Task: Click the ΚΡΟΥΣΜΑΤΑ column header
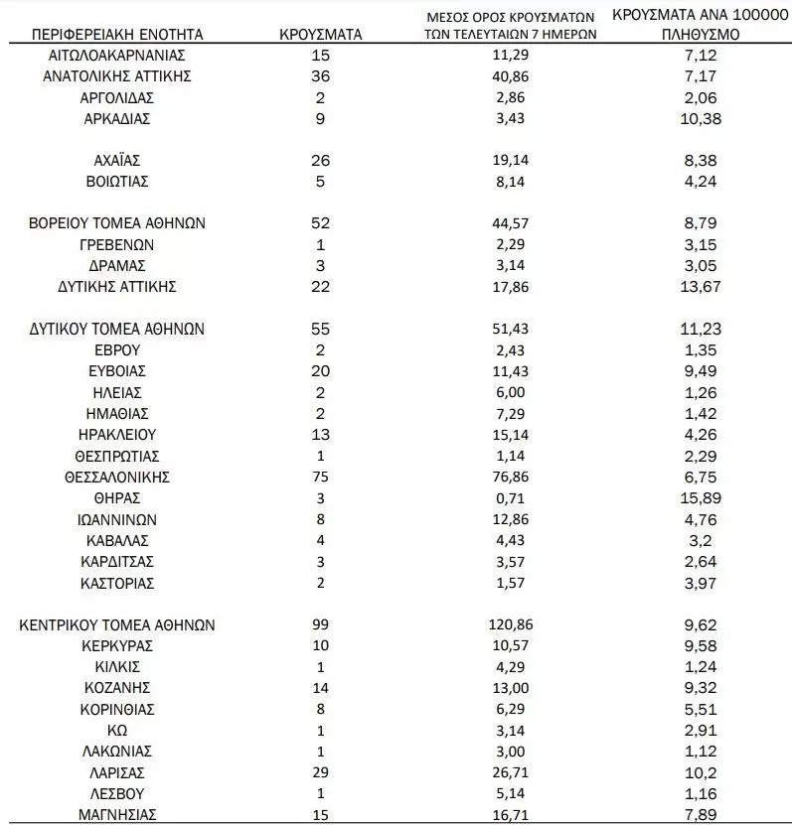point(320,34)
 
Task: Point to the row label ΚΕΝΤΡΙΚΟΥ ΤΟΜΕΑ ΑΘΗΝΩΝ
point(116,625)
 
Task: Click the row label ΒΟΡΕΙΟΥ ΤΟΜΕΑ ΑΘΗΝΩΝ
point(116,223)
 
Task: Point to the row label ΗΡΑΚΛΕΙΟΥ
point(116,435)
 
